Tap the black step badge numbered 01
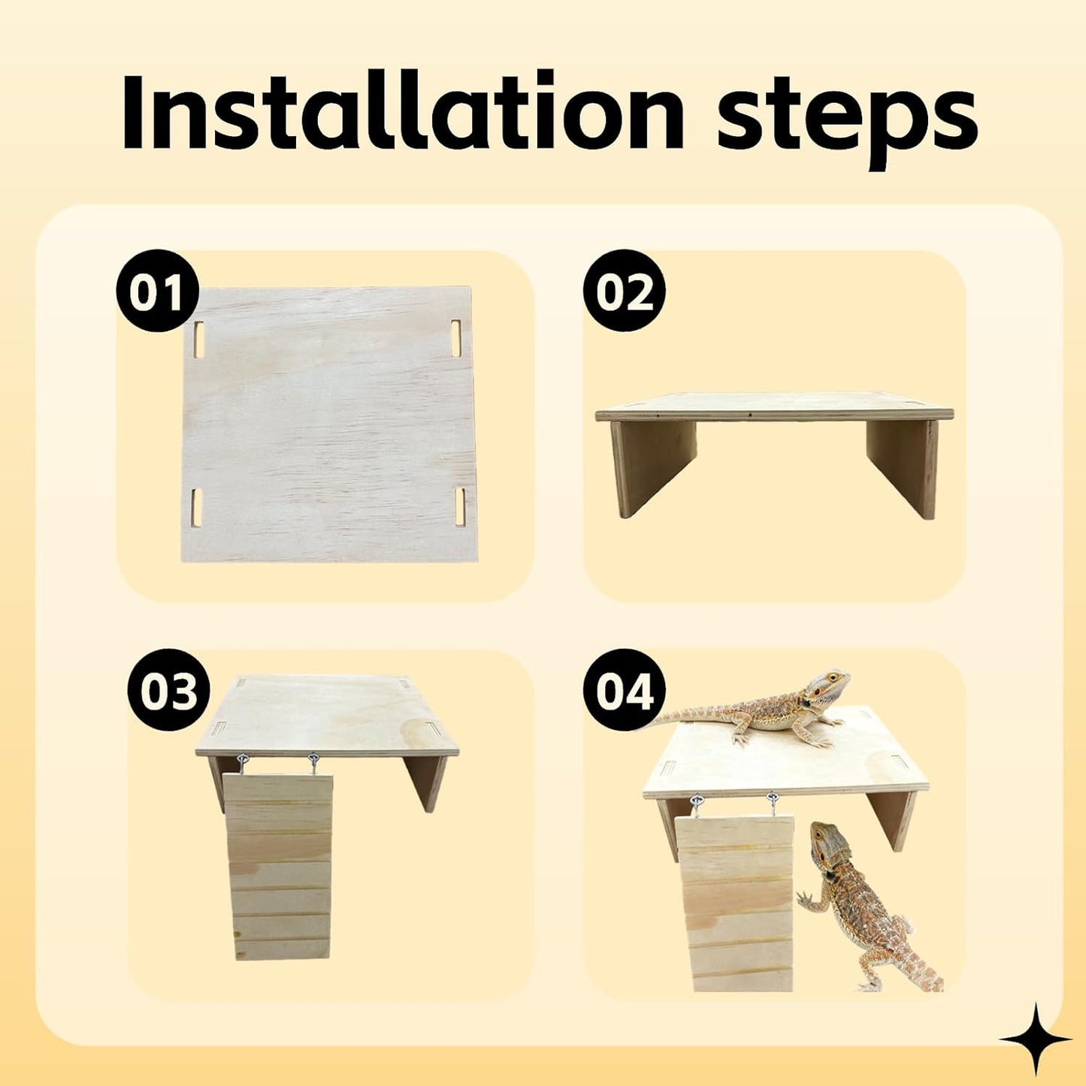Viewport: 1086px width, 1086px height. pos(156,292)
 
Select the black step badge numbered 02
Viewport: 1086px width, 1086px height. pos(624,292)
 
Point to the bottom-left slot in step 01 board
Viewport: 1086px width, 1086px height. pos(198,507)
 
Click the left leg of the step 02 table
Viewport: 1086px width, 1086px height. pos(651,464)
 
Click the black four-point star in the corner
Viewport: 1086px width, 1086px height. pos(1035,1040)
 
